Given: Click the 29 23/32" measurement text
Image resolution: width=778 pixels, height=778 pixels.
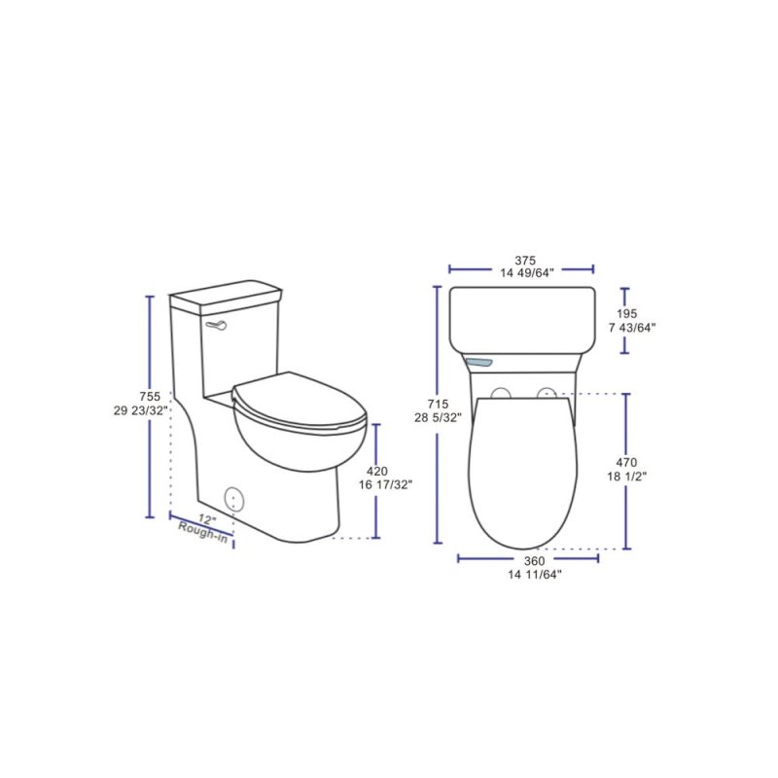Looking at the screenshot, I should pyautogui.click(x=140, y=410).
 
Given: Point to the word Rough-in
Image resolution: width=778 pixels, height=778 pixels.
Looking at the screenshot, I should pyautogui.click(x=204, y=531).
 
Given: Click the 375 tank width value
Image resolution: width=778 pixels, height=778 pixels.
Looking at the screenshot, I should pyautogui.click(x=525, y=261).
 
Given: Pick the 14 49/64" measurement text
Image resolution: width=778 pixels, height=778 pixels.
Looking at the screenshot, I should pyautogui.click(x=525, y=274).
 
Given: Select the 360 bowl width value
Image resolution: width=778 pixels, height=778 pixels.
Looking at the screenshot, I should pyautogui.click(x=533, y=561).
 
